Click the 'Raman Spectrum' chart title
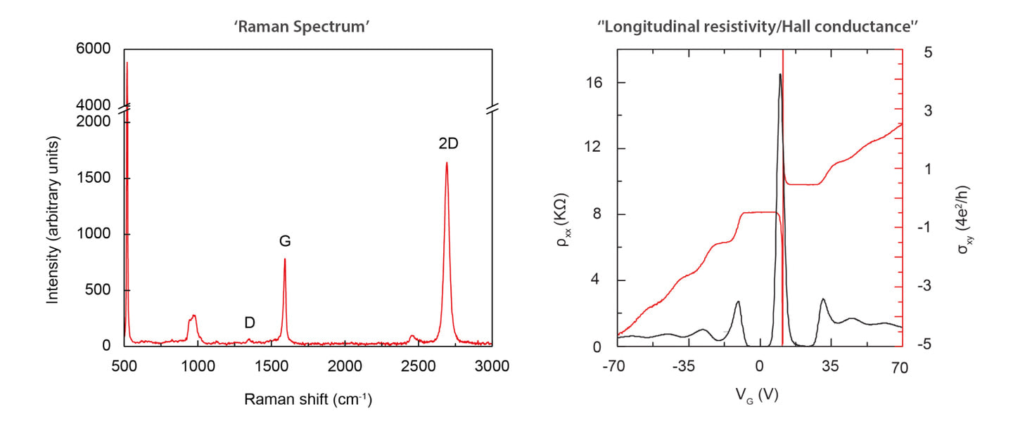(302, 27)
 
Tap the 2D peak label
(448, 143)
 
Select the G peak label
(285, 241)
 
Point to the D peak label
(250, 323)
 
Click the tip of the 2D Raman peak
(447, 162)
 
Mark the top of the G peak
(284, 259)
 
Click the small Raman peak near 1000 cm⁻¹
(193, 316)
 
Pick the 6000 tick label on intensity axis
(93, 48)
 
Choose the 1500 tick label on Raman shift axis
(271, 366)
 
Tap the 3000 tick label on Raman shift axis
(492, 366)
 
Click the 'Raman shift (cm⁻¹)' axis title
(308, 399)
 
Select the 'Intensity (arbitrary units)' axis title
(53, 220)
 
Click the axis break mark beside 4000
(125, 108)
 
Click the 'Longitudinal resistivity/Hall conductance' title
(758, 27)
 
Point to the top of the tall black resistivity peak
(780, 74)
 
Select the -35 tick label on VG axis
(683, 366)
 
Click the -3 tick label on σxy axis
(924, 286)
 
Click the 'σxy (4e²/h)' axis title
(964, 219)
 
